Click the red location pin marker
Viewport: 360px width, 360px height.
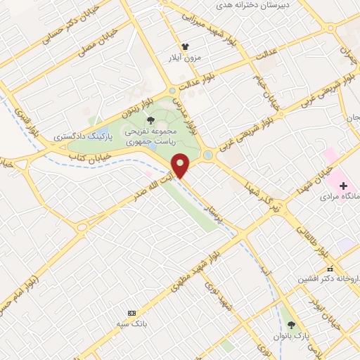pos(181,165)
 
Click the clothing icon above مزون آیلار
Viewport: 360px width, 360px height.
pos(185,45)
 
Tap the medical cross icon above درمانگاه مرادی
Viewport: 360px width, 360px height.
pos(343,186)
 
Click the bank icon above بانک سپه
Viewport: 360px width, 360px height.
pos(131,312)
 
